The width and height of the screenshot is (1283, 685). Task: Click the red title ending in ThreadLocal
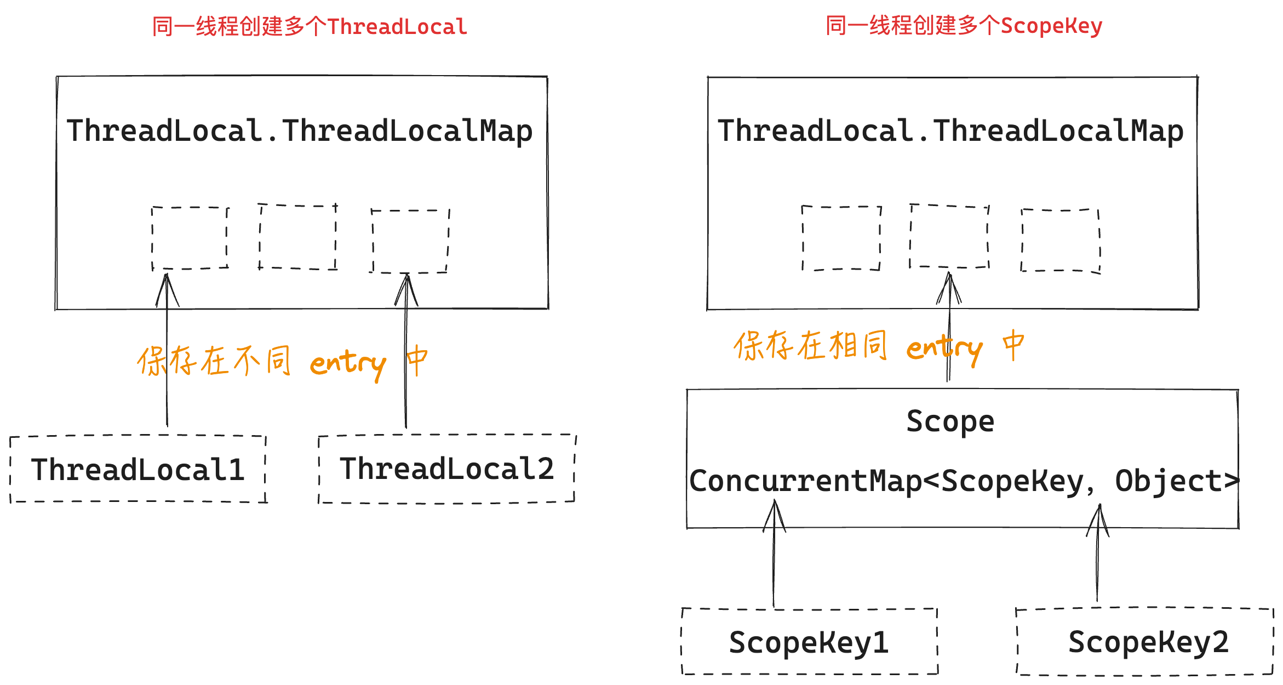310,27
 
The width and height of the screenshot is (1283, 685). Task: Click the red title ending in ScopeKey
964,26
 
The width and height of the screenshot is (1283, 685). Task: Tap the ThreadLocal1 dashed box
138,470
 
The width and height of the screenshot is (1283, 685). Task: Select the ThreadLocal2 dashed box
447,469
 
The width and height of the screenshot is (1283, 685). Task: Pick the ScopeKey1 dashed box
809,642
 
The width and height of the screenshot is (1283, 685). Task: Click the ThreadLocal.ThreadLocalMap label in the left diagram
299,131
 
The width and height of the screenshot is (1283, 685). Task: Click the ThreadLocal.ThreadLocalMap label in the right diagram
950,131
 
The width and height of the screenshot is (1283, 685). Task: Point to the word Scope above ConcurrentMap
950,421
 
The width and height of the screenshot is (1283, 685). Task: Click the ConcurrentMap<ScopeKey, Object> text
963,481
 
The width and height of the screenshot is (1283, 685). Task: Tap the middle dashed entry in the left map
298,237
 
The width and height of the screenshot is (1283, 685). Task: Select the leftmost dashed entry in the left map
190,238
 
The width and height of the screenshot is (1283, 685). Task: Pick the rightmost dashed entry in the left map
410,241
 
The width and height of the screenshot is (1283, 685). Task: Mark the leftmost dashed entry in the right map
841,238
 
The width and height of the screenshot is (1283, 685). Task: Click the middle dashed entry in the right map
949,236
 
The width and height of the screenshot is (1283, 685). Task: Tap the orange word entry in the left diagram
348,363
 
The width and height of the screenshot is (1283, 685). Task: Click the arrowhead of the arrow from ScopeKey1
775,507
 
